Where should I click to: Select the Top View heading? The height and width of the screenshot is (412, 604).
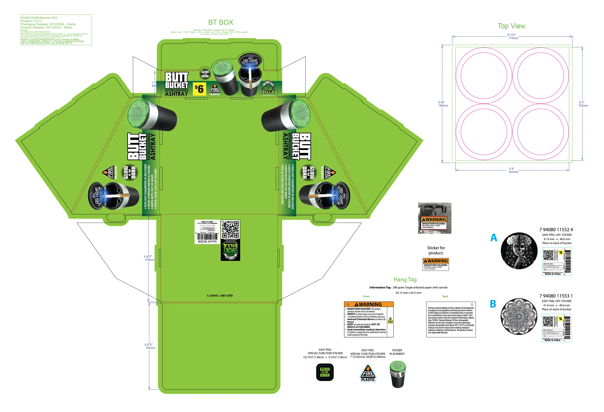(x=511, y=26)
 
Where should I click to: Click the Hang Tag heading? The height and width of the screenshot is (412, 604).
(x=405, y=280)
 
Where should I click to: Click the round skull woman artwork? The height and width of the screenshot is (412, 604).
(x=519, y=251)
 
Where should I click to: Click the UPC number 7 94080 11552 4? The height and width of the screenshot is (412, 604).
(x=556, y=230)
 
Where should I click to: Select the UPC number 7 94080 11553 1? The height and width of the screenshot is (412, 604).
(x=556, y=296)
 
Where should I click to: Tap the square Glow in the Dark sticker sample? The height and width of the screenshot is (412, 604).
(x=325, y=372)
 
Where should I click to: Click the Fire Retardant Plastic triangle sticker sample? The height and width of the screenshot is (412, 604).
(x=368, y=373)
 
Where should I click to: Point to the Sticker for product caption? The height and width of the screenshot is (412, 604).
(x=436, y=250)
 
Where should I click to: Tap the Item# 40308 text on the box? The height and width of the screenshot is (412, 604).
(x=207, y=241)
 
